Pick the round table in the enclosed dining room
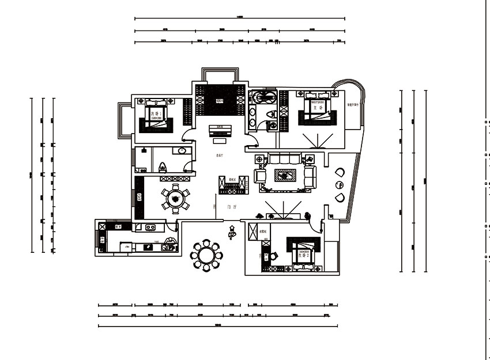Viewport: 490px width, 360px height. [175, 198]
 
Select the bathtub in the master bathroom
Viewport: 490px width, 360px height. [263, 96]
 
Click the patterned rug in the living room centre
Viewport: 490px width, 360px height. [285, 175]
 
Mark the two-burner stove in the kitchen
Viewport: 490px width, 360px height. [151, 227]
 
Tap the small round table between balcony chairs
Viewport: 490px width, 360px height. [338, 185]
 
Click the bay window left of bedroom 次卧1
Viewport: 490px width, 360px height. [123, 120]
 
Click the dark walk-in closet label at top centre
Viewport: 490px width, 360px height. [219, 101]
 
